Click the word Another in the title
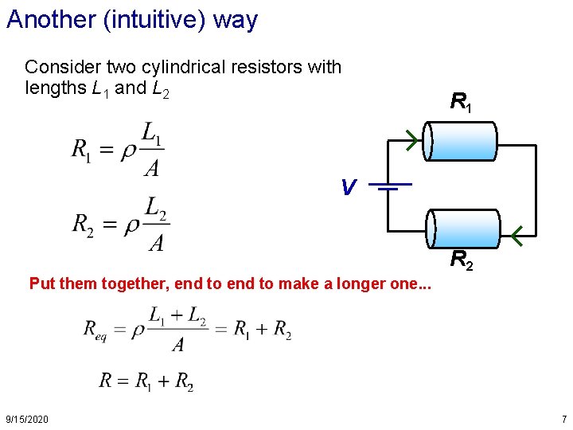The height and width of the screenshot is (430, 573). point(50,19)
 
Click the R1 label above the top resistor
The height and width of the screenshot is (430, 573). point(460,102)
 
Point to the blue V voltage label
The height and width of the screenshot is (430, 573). point(348,188)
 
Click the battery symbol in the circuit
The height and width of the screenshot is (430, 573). point(388,187)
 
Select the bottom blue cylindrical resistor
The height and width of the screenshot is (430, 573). point(463,229)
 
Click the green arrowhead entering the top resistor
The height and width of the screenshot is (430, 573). point(411,141)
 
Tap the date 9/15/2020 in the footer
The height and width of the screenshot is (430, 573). point(26,419)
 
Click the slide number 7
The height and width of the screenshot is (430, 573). point(563,419)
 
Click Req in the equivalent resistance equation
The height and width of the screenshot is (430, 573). point(100,330)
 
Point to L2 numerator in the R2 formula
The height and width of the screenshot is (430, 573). point(156,209)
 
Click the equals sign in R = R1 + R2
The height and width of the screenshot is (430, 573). point(124,381)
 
